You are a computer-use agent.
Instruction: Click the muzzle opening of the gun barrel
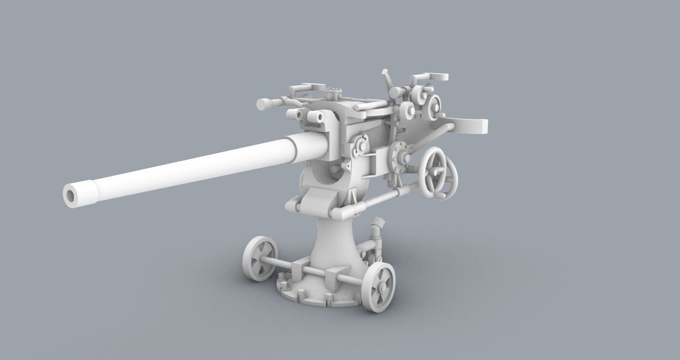[71, 195]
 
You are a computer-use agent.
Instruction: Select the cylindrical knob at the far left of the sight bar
[263, 104]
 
